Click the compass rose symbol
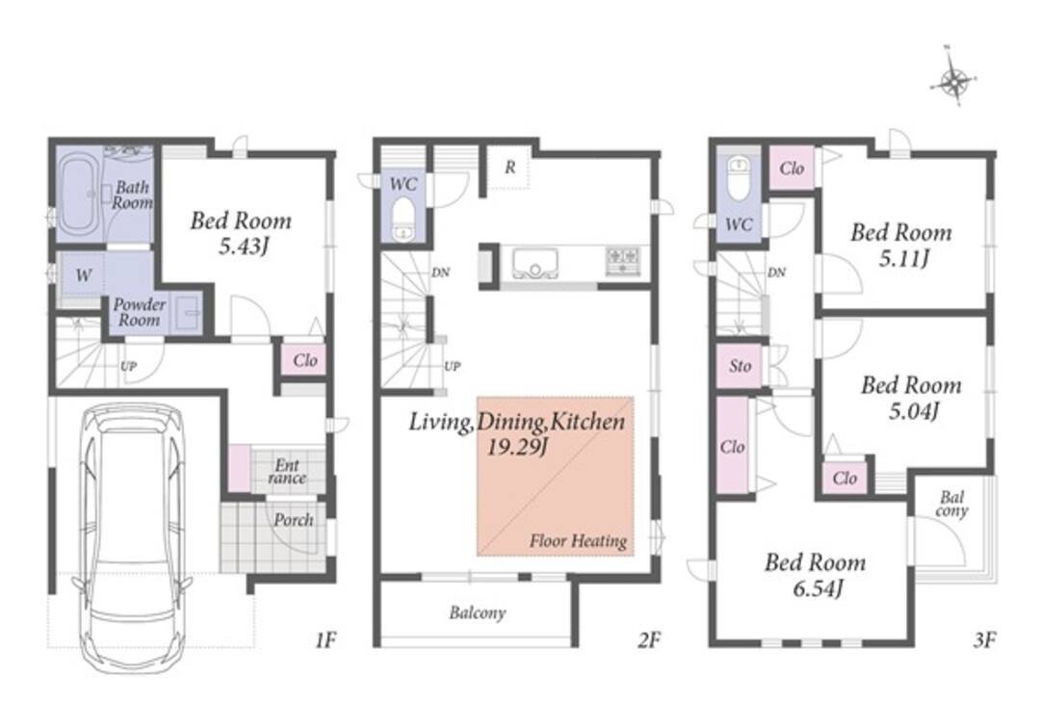point(954,82)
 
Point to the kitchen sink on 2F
point(534,263)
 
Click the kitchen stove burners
point(623,261)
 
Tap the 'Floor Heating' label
point(578,541)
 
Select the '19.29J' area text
point(517,448)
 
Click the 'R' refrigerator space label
point(509,168)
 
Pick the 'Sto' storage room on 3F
point(741,366)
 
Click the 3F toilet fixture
point(738,177)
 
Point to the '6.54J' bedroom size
point(818,587)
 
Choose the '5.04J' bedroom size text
point(913,411)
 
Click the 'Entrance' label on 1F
point(287,471)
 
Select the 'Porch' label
point(294,520)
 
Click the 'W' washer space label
point(84,274)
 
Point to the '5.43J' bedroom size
point(244,247)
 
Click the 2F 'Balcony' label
point(478,612)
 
